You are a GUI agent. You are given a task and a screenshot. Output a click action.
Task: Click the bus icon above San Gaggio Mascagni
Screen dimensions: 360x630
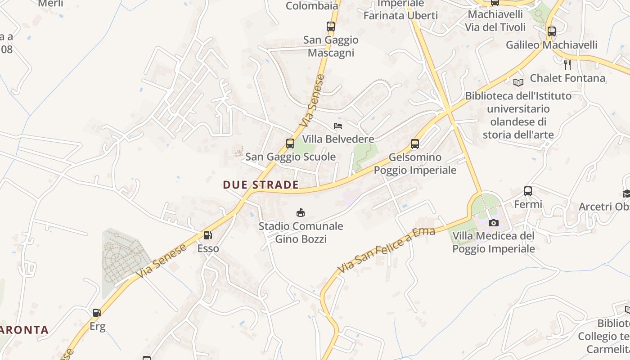[x=331, y=27]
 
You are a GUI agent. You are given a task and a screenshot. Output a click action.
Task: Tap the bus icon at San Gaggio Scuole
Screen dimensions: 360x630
[x=290, y=144]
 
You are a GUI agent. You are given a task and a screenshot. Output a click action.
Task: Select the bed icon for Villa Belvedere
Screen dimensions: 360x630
[x=338, y=126]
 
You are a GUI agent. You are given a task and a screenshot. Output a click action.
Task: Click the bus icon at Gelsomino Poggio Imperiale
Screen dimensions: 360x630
[x=415, y=144]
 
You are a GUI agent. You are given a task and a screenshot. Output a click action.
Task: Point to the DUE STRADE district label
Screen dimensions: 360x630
[x=261, y=184]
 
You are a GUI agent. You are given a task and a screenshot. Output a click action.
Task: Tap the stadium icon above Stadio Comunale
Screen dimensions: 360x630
[x=301, y=212]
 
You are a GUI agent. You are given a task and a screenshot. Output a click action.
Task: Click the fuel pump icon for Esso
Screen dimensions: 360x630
[x=207, y=235]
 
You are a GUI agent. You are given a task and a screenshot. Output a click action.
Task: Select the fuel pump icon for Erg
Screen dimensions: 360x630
[x=97, y=312]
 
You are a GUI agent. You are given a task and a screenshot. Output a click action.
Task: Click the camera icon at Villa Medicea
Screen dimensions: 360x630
[x=494, y=223]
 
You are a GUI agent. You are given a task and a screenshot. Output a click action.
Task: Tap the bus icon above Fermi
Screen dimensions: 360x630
[x=528, y=191]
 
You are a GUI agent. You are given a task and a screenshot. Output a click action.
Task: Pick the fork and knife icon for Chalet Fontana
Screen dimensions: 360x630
[x=567, y=65]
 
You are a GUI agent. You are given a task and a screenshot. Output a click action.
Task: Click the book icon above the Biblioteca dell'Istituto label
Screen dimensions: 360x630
[x=518, y=82]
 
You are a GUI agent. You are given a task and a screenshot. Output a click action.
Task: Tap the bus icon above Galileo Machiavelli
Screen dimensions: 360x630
[x=551, y=31]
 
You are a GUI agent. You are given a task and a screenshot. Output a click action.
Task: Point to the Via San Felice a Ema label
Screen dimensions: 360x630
[x=386, y=250]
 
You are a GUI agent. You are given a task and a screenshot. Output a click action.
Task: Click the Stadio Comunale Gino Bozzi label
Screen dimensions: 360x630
[x=301, y=233]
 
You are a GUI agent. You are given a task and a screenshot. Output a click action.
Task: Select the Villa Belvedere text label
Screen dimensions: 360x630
[x=338, y=139]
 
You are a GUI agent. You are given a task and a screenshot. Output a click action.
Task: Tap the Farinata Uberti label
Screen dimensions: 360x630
[x=400, y=15]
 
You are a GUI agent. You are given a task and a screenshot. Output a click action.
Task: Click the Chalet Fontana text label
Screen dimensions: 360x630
[x=567, y=78]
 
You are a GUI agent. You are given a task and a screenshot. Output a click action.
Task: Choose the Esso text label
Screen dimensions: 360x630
[x=208, y=248]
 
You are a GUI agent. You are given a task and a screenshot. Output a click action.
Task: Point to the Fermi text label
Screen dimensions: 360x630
[x=528, y=205]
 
